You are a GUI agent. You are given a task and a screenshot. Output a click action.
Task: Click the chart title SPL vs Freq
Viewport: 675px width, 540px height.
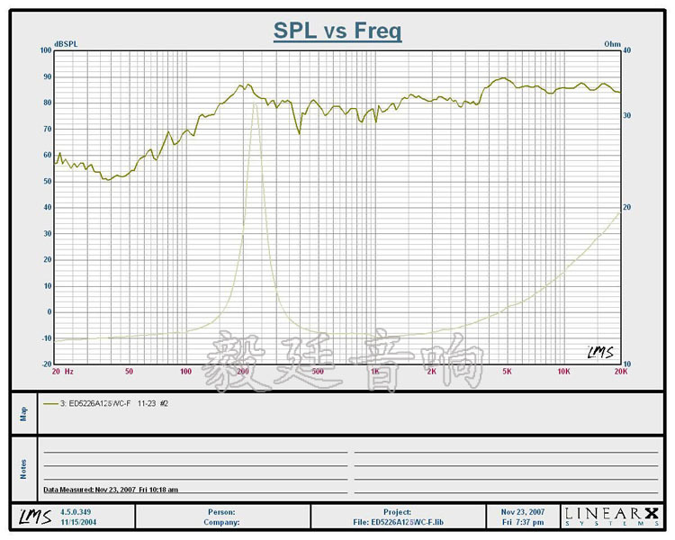pyautogui.click(x=337, y=31)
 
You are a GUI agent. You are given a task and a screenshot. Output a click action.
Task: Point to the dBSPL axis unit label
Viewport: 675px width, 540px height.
pyautogui.click(x=67, y=43)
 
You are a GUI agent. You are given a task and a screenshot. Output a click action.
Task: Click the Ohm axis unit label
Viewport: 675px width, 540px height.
pyautogui.click(x=612, y=43)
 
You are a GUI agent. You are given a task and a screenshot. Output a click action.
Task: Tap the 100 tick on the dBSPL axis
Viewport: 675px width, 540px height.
pyautogui.click(x=44, y=50)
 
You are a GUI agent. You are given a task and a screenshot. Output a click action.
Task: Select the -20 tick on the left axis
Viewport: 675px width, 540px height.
pyautogui.click(x=45, y=364)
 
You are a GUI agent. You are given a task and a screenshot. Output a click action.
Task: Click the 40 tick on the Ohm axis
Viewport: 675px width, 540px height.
pyautogui.click(x=627, y=50)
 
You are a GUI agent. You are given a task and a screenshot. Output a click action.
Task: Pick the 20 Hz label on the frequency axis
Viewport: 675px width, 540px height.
pyautogui.click(x=62, y=371)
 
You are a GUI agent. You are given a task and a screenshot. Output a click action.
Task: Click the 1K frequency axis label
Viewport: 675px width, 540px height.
pyautogui.click(x=374, y=371)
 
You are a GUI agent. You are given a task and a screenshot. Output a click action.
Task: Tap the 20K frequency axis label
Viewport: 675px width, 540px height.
pyautogui.click(x=619, y=371)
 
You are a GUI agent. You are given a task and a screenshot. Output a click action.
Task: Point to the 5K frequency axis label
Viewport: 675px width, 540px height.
pyautogui.click(x=507, y=371)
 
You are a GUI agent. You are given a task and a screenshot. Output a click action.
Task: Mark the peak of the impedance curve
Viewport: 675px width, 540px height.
pyautogui.click(x=255, y=104)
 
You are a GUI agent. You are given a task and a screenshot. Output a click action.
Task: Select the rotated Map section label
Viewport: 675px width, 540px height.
pyautogui.click(x=24, y=413)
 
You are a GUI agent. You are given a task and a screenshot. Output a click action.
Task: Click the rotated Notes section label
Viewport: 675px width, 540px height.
pyautogui.click(x=24, y=468)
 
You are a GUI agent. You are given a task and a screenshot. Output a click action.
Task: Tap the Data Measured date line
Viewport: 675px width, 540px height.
pyautogui.click(x=111, y=490)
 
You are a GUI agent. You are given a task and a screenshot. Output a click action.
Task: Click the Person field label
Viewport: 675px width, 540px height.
pyautogui.click(x=221, y=511)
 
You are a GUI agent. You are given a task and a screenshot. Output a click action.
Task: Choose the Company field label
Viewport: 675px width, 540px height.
pyautogui.click(x=220, y=521)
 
